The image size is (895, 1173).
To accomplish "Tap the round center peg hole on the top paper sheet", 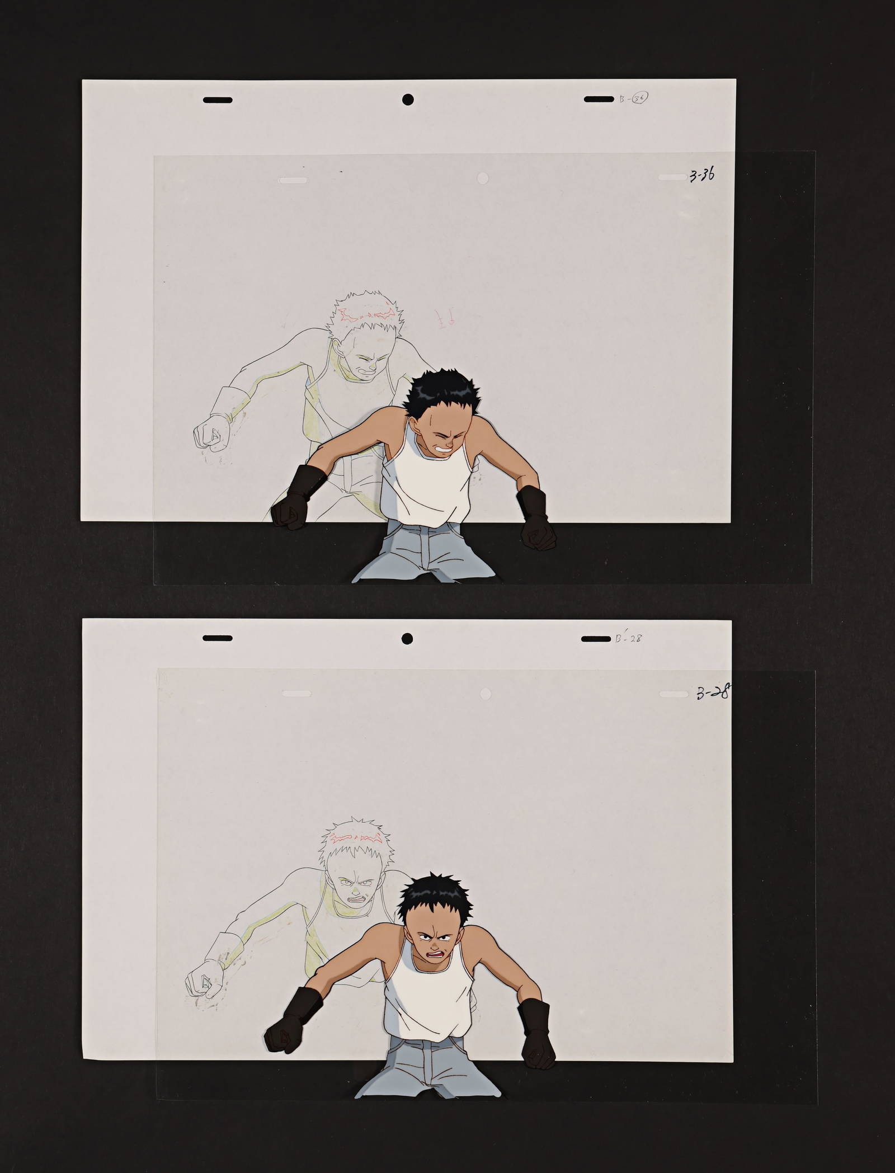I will click(x=408, y=100).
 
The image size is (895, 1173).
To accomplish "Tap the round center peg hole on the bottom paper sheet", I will click(x=407, y=638).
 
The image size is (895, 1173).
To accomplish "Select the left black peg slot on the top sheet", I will click(x=217, y=100).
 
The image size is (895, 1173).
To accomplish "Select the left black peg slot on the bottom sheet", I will click(x=216, y=638).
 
